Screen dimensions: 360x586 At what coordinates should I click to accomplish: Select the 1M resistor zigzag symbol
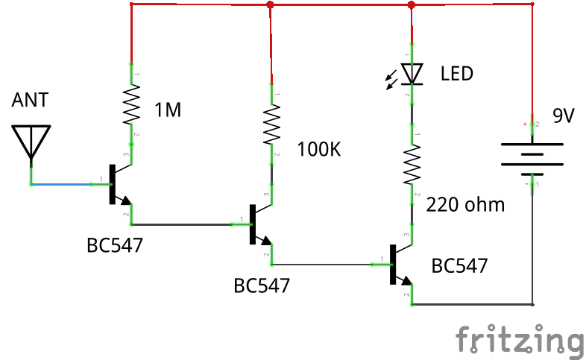131,104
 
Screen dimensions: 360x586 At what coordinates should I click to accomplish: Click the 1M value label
168,111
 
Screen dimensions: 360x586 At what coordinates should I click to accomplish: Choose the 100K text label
318,149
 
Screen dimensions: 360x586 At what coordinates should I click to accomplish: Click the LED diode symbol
411,74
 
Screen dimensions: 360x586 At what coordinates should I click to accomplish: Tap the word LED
457,74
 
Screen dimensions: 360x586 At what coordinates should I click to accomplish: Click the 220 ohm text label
466,204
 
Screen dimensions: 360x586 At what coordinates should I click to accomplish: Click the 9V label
563,116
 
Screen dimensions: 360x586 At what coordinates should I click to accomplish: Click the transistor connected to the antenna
116,183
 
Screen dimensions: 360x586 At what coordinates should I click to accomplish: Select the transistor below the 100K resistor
258,224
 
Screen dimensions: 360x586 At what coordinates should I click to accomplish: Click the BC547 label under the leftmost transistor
114,244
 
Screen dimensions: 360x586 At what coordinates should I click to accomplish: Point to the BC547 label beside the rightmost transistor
459,265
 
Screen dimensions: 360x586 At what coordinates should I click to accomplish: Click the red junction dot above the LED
411,5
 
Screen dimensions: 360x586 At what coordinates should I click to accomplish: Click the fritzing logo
519,341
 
